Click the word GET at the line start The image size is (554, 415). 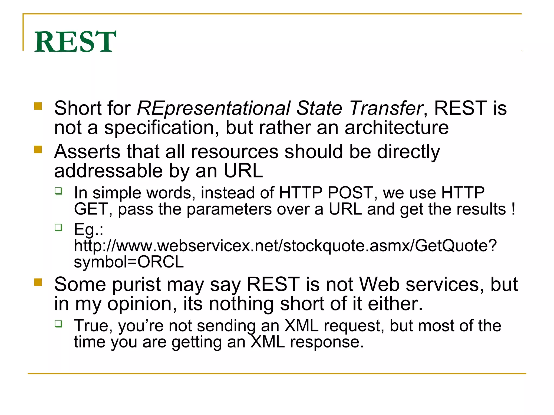point(91,209)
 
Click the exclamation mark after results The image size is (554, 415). point(513,209)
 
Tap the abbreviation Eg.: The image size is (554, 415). point(88,230)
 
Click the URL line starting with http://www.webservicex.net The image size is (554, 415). point(285,246)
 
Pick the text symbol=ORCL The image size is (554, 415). point(129,262)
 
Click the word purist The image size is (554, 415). point(137,285)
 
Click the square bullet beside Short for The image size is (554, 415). point(38,106)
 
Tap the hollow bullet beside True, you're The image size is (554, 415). point(58,323)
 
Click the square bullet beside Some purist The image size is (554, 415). point(38,282)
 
